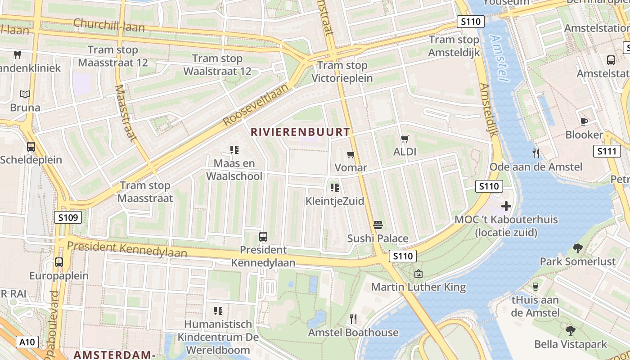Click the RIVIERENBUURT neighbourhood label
(x=300, y=132)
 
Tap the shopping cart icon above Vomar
(x=351, y=154)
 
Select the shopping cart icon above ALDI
(x=405, y=139)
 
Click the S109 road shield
(x=68, y=218)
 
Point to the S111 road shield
(x=606, y=151)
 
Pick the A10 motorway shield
(x=27, y=342)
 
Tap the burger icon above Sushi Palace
(x=378, y=225)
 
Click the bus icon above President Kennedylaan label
(x=263, y=236)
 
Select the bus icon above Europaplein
(x=59, y=262)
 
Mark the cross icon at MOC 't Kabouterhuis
(x=506, y=206)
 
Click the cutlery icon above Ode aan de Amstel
(x=535, y=153)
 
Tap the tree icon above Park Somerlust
(x=578, y=248)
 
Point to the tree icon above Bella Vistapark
(x=571, y=331)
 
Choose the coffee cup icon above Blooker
(x=584, y=121)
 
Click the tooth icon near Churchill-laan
(x=18, y=55)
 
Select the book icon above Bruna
(x=25, y=94)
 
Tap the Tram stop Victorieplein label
(x=342, y=72)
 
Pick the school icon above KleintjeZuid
(x=334, y=187)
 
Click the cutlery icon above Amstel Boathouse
(x=353, y=319)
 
